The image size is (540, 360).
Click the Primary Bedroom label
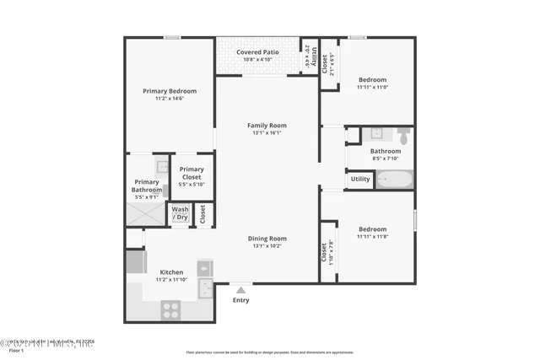[170, 91]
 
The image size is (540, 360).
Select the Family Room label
[267, 125]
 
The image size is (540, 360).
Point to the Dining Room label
[267, 239]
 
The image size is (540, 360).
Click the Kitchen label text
[171, 272]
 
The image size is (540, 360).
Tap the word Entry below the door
[241, 299]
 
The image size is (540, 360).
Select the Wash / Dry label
[181, 213]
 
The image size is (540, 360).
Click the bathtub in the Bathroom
[393, 179]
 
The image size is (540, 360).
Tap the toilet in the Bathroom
[403, 135]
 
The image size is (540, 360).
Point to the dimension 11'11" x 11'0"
[372, 87]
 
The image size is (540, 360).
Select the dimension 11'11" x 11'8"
[372, 237]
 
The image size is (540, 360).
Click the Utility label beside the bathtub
[360, 179]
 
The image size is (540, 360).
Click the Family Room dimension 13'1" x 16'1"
[267, 132]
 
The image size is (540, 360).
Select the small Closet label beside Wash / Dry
[202, 214]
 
